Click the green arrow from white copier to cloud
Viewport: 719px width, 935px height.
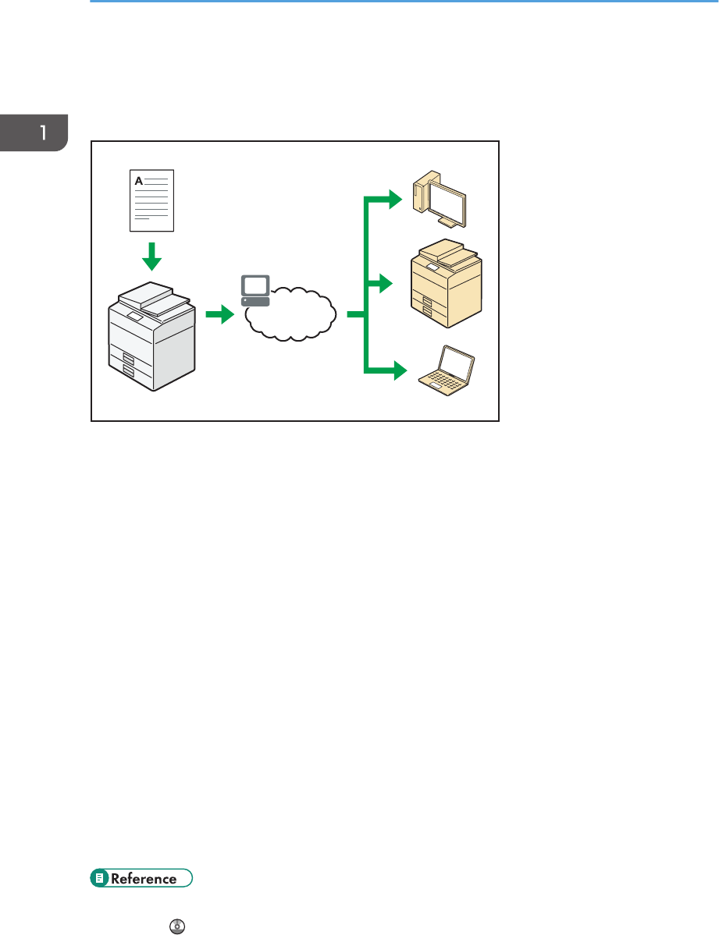pos(219,315)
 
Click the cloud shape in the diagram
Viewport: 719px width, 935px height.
pos(293,315)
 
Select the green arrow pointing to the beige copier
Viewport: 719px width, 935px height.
pos(383,285)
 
